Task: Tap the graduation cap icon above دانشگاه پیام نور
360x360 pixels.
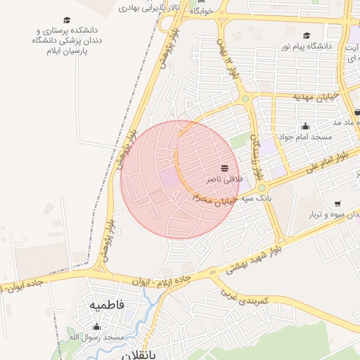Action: pos(307,35)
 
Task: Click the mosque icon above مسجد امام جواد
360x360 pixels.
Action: pos(305,127)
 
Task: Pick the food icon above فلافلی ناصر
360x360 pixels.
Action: pos(224,167)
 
